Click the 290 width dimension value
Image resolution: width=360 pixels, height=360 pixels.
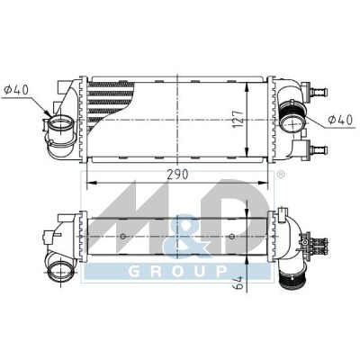(x=177, y=175)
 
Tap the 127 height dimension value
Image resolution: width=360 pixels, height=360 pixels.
(x=238, y=119)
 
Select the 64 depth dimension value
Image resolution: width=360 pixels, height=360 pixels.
(x=238, y=283)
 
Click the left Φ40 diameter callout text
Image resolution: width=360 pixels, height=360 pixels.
(x=16, y=90)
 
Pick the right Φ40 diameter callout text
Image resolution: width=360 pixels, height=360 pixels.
(x=340, y=121)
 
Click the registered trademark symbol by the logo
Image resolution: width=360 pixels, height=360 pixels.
(x=280, y=175)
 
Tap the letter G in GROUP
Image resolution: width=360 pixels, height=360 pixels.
(x=134, y=272)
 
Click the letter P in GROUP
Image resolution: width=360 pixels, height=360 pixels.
(x=221, y=272)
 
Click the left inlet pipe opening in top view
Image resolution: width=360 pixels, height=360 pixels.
(x=61, y=126)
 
